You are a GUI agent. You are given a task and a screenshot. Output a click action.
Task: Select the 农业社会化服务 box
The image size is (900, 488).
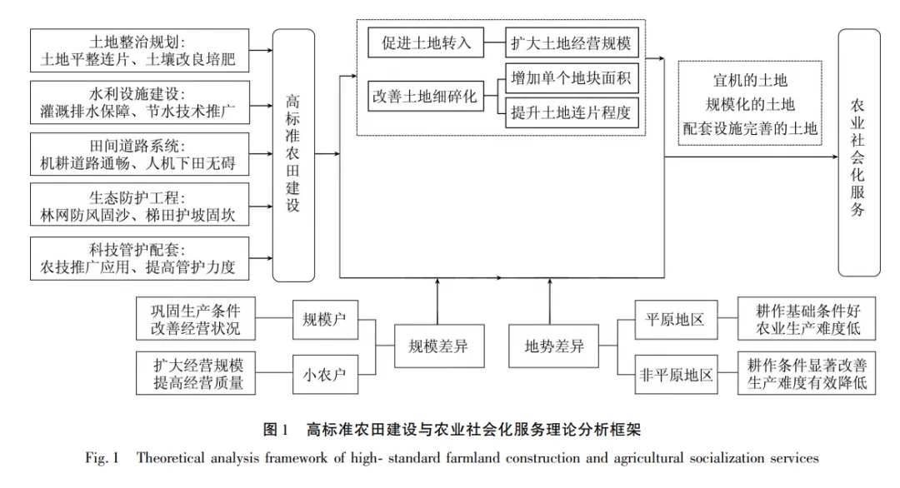coord(858,153)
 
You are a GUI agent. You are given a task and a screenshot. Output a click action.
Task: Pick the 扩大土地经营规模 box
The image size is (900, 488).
coord(572,43)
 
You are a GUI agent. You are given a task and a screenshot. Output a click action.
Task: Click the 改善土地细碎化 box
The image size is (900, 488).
coord(425,97)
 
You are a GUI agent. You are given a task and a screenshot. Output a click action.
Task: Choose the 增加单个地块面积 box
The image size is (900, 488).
coord(572,80)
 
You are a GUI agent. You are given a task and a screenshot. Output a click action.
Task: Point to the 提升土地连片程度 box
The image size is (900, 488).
coord(572,112)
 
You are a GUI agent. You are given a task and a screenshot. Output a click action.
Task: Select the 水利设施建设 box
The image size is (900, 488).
coord(138,102)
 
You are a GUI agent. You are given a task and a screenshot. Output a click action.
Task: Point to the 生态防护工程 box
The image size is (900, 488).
coord(138,206)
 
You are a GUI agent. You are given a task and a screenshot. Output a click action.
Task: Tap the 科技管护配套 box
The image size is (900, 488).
coord(138,257)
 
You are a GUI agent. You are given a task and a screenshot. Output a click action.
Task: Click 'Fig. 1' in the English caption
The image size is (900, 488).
coord(102,458)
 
